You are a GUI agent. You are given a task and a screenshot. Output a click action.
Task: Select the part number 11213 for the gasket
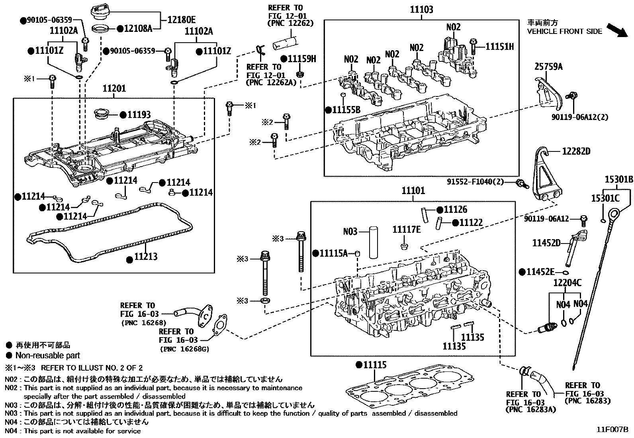coord(145,256)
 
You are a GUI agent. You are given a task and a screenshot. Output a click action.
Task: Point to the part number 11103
coord(422,10)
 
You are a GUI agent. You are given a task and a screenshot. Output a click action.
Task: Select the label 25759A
coord(548,67)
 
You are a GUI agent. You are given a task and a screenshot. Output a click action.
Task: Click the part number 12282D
coord(576,151)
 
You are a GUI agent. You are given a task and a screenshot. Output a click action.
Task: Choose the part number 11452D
coord(546,243)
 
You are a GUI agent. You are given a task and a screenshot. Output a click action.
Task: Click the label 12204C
coord(567,283)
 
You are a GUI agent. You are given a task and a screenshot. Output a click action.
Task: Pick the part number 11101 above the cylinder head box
coord(413,191)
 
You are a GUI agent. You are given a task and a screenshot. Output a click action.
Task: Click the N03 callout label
coord(350,231)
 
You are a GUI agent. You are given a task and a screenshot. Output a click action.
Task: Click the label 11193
coord(139,115)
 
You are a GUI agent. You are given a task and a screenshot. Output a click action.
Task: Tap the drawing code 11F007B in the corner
coord(612,430)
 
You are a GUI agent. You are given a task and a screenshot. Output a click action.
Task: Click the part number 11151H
coord(499,47)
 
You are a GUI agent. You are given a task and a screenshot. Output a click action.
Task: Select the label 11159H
coord(301,59)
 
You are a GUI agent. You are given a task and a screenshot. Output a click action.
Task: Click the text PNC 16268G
coord(184,349)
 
